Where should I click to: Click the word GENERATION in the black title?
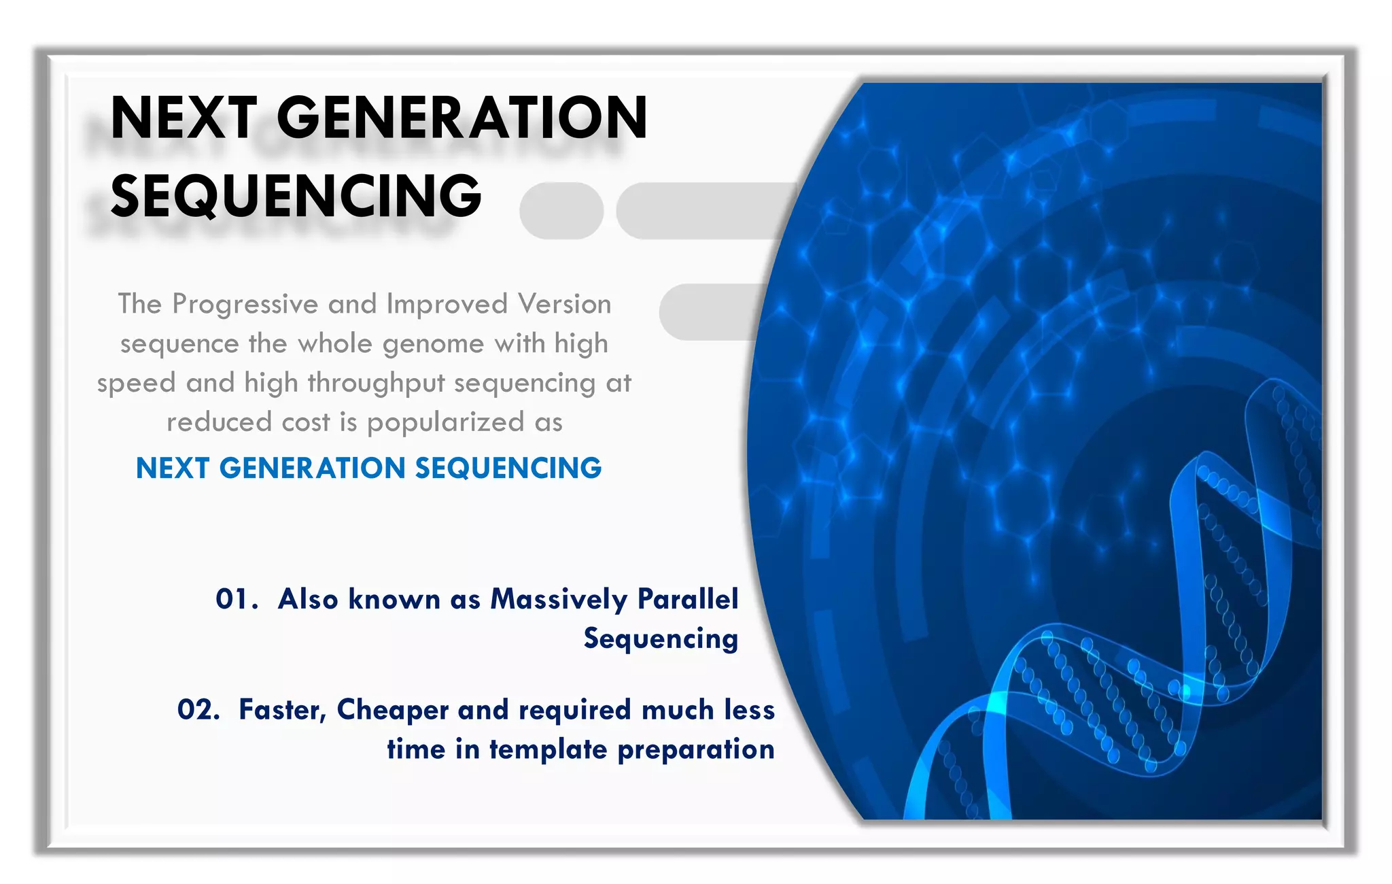[x=462, y=118]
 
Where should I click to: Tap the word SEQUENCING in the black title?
[x=296, y=197]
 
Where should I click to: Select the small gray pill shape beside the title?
[x=561, y=211]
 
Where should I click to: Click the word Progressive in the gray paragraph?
[x=245, y=305]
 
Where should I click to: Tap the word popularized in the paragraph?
[x=445, y=423]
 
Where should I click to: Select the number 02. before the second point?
[x=198, y=710]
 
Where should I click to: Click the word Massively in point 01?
[x=559, y=600]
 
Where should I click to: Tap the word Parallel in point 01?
[x=688, y=600]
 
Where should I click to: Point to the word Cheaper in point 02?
[x=393, y=710]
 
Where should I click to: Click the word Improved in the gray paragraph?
[x=447, y=305]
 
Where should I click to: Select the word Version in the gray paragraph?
[x=564, y=305]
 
